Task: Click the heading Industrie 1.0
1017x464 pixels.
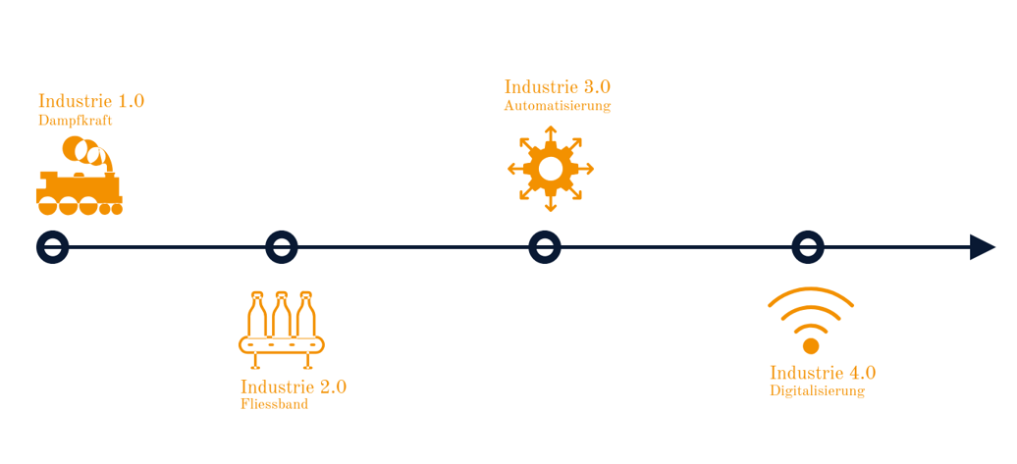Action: pyautogui.click(x=91, y=101)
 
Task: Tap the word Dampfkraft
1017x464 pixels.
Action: pyautogui.click(x=76, y=120)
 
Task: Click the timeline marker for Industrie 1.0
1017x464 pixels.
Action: pyautogui.click(x=53, y=247)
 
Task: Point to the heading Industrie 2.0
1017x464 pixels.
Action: pyautogui.click(x=293, y=387)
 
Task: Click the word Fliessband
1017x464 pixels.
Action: pyautogui.click(x=274, y=404)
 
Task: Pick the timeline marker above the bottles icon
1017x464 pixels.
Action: pyautogui.click(x=282, y=247)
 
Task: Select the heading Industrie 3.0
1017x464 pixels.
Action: pyautogui.click(x=557, y=87)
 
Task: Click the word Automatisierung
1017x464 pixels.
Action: pyautogui.click(x=557, y=106)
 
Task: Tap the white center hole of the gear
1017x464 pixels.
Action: pyautogui.click(x=551, y=169)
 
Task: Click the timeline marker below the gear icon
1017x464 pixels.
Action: pyautogui.click(x=545, y=247)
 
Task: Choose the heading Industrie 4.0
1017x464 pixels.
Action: pyautogui.click(x=822, y=373)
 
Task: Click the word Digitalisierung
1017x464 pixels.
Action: pyautogui.click(x=817, y=390)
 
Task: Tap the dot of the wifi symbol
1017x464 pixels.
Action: pyautogui.click(x=811, y=346)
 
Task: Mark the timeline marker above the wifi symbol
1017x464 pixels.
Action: pyautogui.click(x=808, y=247)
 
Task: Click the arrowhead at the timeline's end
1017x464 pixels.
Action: pyautogui.click(x=982, y=247)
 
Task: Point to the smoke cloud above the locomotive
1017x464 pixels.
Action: pyautogui.click(x=83, y=152)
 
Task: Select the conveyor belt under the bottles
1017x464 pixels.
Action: pyautogui.click(x=282, y=344)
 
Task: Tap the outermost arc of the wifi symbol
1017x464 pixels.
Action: pyautogui.click(x=811, y=292)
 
